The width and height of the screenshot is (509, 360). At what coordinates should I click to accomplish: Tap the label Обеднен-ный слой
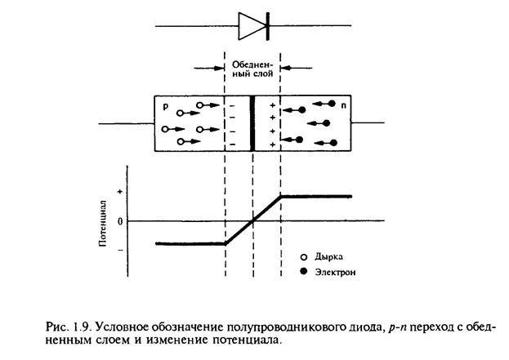pos(252,67)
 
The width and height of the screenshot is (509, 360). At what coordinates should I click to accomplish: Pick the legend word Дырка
pos(328,256)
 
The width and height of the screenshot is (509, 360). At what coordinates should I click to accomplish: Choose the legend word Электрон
pos(335,270)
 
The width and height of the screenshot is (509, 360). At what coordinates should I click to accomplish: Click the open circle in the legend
pos(304,256)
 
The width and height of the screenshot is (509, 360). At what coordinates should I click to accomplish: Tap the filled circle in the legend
pos(304,270)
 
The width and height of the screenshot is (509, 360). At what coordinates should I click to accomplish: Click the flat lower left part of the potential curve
pos(188,243)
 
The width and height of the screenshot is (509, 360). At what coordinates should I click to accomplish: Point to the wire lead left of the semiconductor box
pos(127,124)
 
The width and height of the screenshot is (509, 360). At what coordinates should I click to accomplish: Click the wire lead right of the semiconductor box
pos(373,124)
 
